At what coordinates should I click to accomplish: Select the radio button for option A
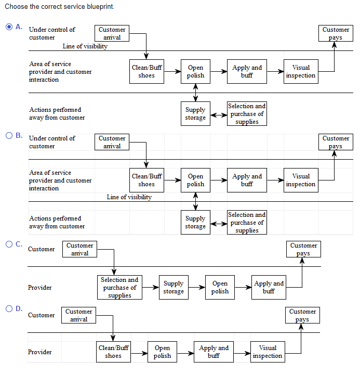tap(9, 27)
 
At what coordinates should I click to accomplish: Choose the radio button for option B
tap(9, 135)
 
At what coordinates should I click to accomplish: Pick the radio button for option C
tap(9, 243)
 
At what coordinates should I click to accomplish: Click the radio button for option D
tap(9, 308)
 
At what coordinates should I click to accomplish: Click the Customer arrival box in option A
tap(112, 33)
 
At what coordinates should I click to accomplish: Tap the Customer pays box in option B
tap(336, 142)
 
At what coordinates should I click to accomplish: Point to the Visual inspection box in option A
tap(301, 72)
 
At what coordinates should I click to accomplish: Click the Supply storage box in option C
tap(173, 288)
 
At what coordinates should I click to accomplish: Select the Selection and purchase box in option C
tap(119, 288)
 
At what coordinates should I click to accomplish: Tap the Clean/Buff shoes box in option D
tap(113, 352)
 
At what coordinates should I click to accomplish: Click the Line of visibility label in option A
tap(85, 46)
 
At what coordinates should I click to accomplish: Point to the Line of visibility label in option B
tap(129, 197)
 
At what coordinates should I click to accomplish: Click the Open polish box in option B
tap(195, 180)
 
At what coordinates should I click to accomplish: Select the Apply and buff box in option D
tap(214, 352)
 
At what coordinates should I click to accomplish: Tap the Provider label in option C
tap(39, 288)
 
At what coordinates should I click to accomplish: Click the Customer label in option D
tap(41, 315)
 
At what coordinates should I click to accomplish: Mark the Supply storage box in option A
tap(195, 114)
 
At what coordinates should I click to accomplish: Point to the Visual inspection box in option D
tap(268, 352)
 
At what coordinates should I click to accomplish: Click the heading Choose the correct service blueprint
tap(59, 7)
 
